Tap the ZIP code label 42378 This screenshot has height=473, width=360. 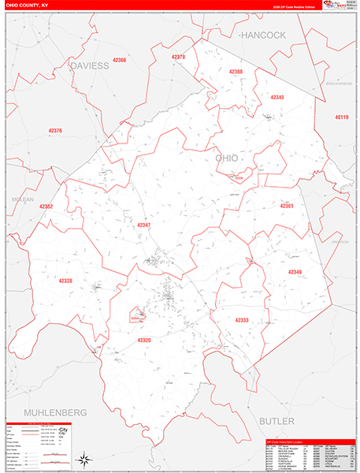[x=178, y=57]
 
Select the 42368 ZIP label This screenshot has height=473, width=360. [x=236, y=72]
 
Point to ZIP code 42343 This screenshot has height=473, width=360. [x=276, y=97]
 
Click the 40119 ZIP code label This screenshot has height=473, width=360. [x=341, y=117]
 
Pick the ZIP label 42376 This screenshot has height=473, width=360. [x=55, y=131]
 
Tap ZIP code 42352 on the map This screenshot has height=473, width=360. [x=46, y=207]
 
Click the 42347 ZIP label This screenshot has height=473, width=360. [x=143, y=225]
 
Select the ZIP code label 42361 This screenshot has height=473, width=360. [x=286, y=207]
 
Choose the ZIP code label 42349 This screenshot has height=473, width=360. [x=295, y=272]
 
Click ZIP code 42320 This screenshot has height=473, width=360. [x=143, y=340]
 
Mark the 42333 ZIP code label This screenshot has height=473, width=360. [x=242, y=319]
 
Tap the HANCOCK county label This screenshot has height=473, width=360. [x=263, y=35]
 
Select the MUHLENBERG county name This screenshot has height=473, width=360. [x=54, y=412]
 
